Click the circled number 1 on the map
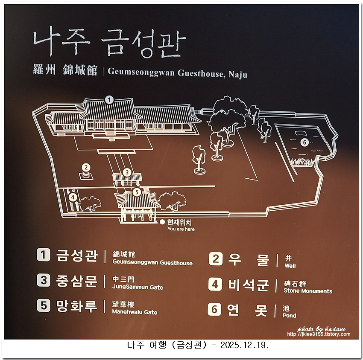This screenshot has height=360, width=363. click(109, 100)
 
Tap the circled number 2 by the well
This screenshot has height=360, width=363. click(86, 167)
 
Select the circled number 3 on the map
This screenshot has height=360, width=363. click(126, 172)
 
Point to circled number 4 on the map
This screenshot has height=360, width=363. click(73, 197)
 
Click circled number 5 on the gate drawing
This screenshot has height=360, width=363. click(137, 192)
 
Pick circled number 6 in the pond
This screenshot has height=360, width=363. click(304, 142)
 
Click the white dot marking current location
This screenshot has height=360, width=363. click(162, 222)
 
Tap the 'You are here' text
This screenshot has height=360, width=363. click(181, 229)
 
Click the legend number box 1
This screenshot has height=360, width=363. click(43, 255)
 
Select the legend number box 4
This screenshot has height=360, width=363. click(215, 284)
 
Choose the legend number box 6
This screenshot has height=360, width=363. click(215, 309)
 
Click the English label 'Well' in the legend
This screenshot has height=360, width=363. click(290, 266)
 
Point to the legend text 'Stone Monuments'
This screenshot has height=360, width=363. click(308, 291)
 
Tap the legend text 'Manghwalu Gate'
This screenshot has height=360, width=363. click(135, 312)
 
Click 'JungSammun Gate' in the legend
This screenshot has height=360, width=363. click(138, 287)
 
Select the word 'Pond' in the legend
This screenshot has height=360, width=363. click(290, 316)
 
